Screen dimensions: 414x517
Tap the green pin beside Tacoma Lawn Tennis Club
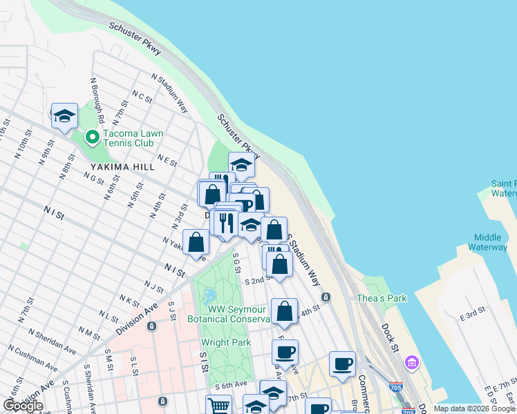pyautogui.click(x=91, y=138)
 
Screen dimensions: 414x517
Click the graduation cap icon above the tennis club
pyautogui.click(x=64, y=116)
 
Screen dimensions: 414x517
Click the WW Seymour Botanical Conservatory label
pyautogui.click(x=229, y=313)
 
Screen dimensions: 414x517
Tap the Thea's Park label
pyautogui.click(x=382, y=298)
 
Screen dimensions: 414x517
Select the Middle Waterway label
pyautogui.click(x=487, y=241)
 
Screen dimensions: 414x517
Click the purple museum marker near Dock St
pyautogui.click(x=413, y=362)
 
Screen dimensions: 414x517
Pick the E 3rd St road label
pyautogui.click(x=475, y=316)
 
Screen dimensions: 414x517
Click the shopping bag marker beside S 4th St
pyautogui.click(x=284, y=312)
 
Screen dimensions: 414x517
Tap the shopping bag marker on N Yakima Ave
pyautogui.click(x=196, y=243)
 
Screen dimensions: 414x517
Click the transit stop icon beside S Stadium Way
pyautogui.click(x=326, y=297)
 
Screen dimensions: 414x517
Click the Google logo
pyautogui.click(x=23, y=406)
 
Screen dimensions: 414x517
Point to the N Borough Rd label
pyautogui.click(x=96, y=95)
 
